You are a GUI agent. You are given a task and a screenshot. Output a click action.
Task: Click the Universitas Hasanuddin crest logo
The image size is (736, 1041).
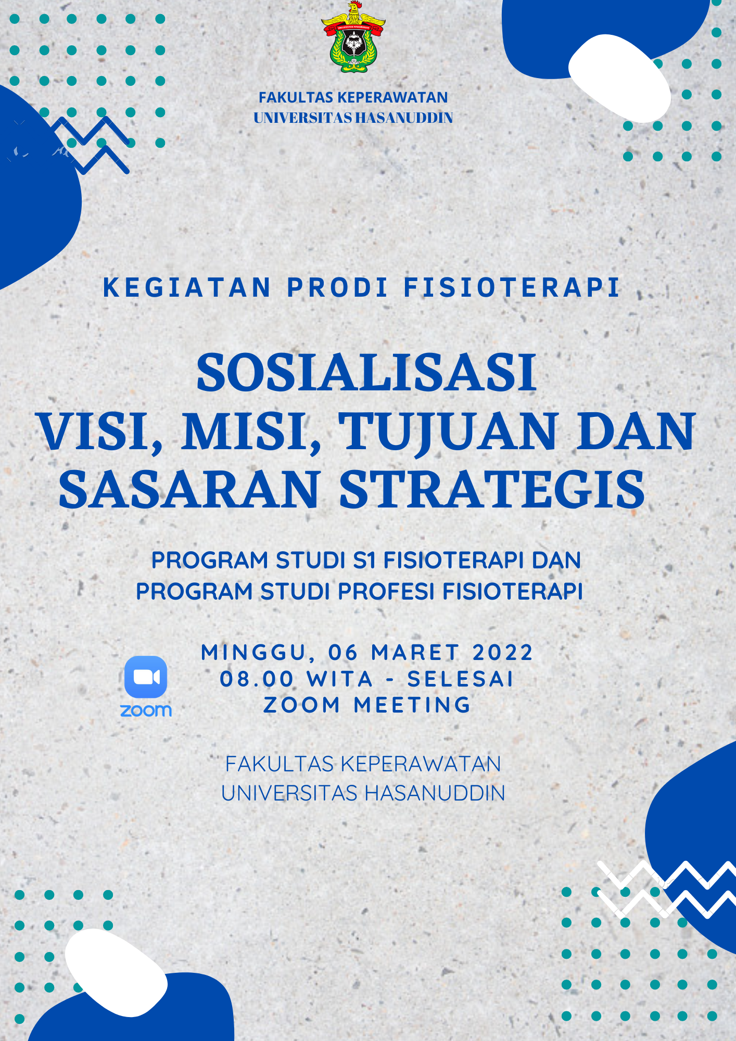coord(353,36)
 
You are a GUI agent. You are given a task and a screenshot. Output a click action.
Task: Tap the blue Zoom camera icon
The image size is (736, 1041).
coord(146,677)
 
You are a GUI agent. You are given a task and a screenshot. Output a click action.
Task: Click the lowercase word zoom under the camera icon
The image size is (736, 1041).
coord(146,710)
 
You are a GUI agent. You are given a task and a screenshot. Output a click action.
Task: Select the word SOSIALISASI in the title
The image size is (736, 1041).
coord(366,373)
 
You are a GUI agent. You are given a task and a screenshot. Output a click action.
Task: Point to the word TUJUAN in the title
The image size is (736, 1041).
coord(448,432)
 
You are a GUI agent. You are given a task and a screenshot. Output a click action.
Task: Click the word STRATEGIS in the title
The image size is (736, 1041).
coord(492,489)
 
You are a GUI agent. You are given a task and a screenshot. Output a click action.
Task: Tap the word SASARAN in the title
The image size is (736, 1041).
coord(189,489)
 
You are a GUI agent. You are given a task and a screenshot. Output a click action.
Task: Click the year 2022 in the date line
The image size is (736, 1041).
coord(503,652)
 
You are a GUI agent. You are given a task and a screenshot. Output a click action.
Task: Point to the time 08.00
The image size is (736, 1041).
coord(257,679)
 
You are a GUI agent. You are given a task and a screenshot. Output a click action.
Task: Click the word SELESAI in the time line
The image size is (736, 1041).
coord(461,679)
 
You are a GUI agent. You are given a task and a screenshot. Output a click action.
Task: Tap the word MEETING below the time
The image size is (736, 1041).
coord(412,705)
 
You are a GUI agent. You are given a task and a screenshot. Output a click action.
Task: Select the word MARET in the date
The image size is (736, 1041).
coord(415,652)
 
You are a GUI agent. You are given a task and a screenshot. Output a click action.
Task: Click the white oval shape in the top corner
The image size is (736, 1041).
coord(619,78)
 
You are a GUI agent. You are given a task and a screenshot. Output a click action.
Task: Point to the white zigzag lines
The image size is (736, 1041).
coord(666,890)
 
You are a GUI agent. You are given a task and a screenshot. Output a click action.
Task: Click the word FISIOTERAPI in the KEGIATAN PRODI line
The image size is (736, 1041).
coord(512,287)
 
